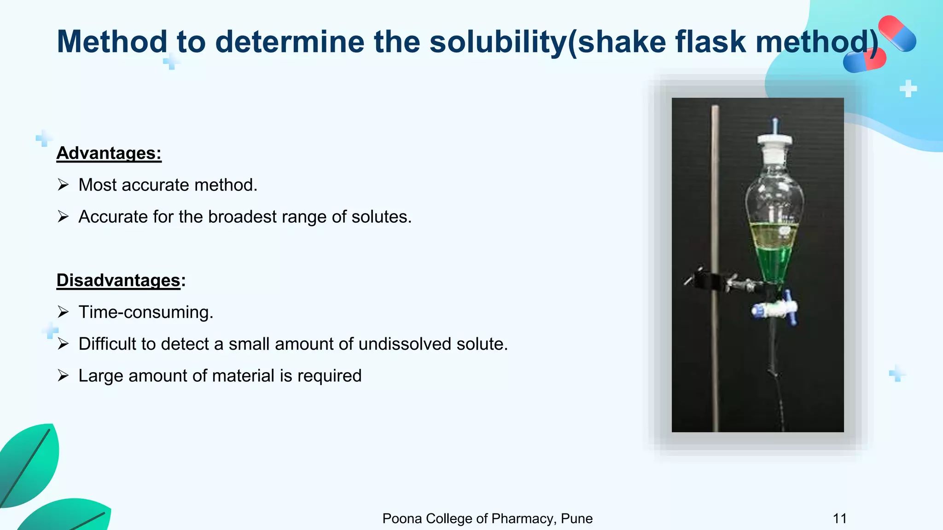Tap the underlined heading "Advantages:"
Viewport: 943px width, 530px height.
109,153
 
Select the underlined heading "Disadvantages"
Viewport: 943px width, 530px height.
118,280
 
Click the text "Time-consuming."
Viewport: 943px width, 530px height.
146,312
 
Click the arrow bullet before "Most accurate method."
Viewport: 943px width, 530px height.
63,185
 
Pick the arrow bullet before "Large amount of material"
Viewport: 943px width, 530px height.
63,375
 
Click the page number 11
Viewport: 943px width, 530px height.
840,518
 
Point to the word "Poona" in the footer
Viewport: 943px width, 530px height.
402,518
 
